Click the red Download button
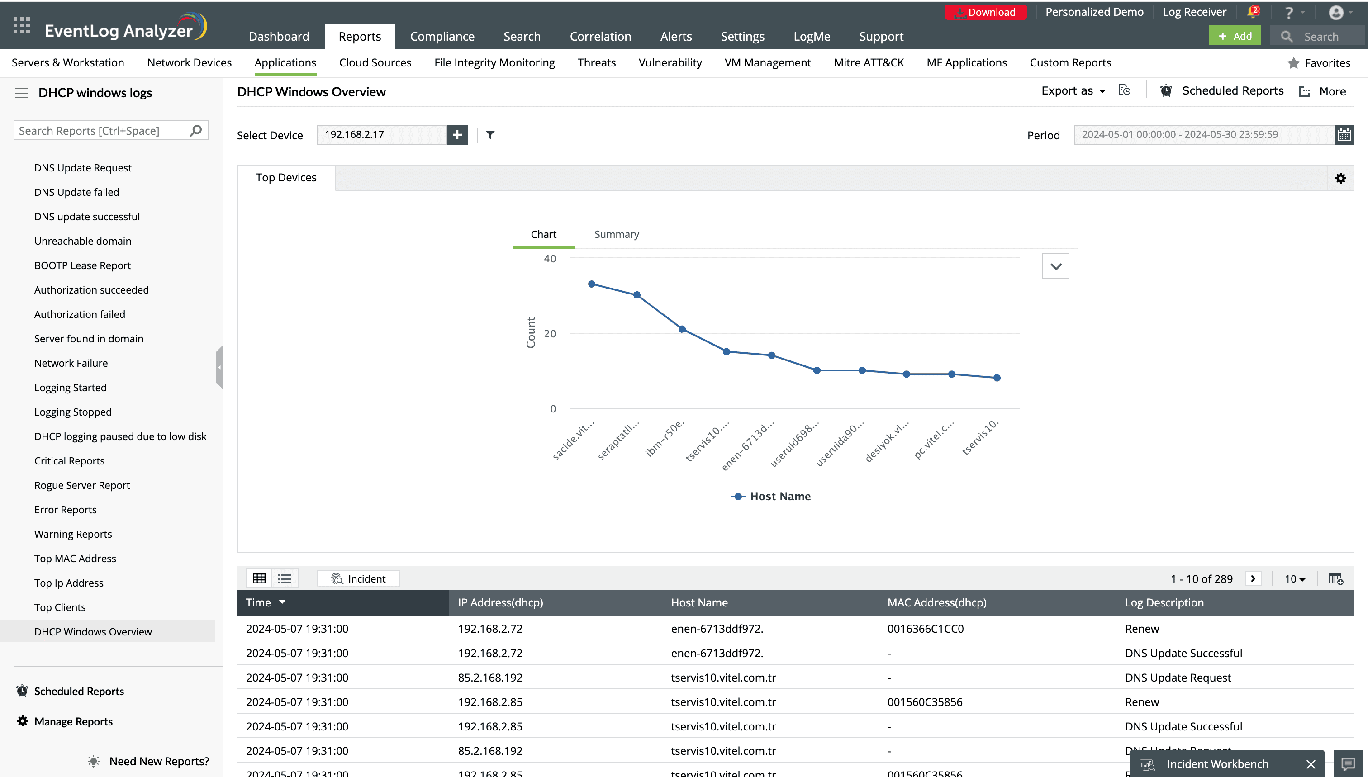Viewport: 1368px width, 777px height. click(985, 12)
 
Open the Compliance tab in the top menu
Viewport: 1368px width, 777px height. click(442, 36)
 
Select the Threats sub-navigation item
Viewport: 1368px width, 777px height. click(596, 62)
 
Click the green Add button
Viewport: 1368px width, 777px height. click(1235, 36)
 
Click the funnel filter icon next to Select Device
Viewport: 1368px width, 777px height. click(490, 135)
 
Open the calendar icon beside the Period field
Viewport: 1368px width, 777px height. click(1344, 134)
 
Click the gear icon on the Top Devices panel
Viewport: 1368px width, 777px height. click(1340, 178)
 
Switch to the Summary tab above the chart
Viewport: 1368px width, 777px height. click(616, 234)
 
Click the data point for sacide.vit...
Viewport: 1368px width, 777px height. click(591, 284)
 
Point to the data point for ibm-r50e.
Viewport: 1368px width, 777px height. click(682, 329)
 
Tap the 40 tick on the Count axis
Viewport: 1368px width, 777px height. click(549, 259)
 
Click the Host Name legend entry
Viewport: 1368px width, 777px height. click(771, 496)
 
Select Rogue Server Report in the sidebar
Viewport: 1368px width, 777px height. click(82, 485)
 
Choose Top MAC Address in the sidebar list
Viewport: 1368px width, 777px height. click(75, 558)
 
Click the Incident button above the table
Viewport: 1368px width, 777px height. click(358, 578)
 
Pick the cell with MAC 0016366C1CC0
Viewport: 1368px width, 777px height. click(925, 629)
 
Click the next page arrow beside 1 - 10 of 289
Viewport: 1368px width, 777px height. click(1253, 578)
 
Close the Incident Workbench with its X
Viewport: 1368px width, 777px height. click(1311, 764)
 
